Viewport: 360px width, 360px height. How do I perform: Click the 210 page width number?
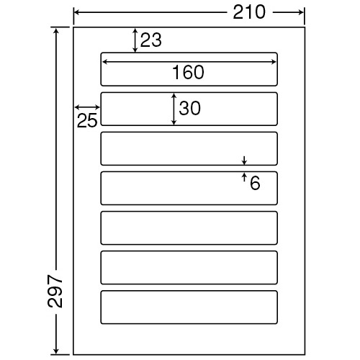tap(249, 12)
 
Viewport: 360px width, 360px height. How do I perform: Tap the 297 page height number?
tap(55, 292)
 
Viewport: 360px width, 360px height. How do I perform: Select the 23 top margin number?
tap(150, 40)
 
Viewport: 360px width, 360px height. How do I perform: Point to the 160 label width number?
tap(189, 72)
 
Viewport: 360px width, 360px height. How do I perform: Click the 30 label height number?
tap(189, 108)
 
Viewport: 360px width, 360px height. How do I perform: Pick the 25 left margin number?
tap(87, 120)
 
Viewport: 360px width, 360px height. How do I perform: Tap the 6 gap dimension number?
tap(255, 183)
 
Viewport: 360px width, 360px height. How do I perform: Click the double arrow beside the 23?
tap(135, 40)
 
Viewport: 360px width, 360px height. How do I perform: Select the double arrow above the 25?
tap(87, 107)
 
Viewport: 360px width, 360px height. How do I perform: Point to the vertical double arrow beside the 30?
tap(174, 109)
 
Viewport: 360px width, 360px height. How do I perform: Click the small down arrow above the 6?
tap(244, 161)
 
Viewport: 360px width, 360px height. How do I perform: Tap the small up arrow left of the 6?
tap(244, 177)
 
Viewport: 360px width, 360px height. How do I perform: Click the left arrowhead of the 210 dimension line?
tap(76, 12)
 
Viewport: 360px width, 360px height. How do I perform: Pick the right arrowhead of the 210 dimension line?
tap(302, 12)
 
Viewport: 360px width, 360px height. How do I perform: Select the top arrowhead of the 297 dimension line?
tap(56, 30)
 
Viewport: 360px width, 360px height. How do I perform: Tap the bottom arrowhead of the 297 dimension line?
tap(56, 351)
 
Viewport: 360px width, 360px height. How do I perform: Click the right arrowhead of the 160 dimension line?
tap(274, 62)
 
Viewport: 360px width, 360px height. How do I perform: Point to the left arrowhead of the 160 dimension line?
tap(104, 62)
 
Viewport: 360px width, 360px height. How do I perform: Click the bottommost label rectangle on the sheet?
tap(189, 291)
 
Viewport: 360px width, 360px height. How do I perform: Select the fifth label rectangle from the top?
tap(189, 212)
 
